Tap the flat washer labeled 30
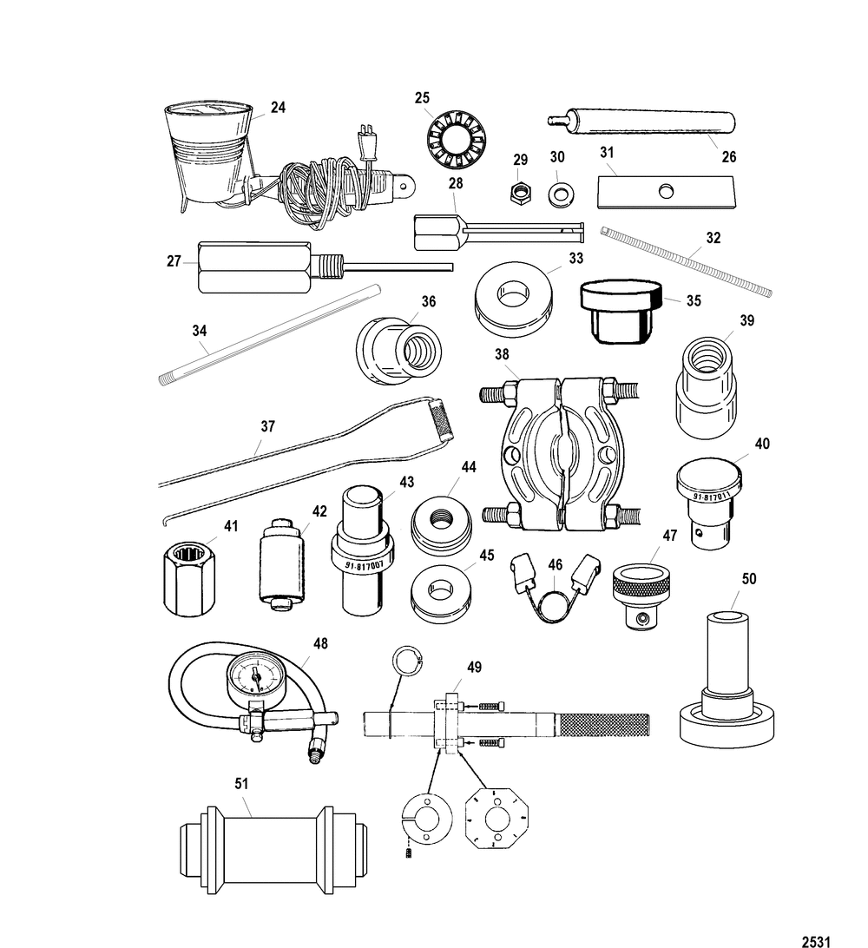[561, 194]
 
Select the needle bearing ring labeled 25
[457, 141]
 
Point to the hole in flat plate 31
[666, 191]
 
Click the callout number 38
[502, 353]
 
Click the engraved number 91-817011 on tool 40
[712, 496]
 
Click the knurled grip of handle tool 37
[440, 419]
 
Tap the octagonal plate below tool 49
[496, 818]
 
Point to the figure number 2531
[816, 941]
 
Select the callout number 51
[241, 783]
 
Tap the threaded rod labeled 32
[686, 261]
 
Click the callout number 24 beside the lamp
[278, 107]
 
